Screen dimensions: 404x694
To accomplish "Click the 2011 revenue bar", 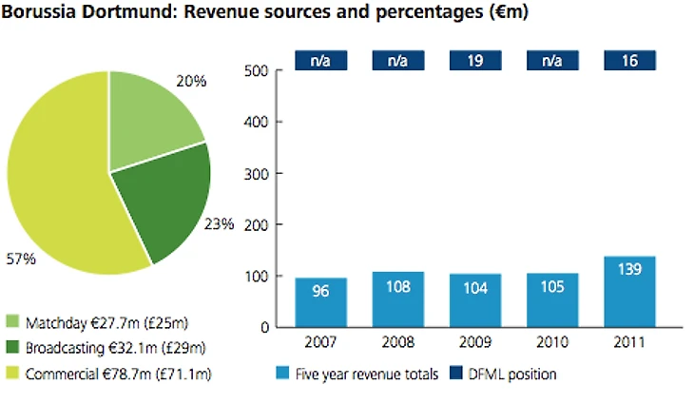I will point(629,292).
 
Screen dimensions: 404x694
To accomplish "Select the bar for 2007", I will point(320,302).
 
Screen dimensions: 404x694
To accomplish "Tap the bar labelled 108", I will point(397,299).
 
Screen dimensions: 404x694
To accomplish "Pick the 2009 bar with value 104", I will point(475,300).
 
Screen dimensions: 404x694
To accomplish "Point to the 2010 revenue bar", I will point(552,300).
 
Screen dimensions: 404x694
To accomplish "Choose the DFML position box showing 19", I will point(475,61).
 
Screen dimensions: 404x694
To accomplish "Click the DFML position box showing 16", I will point(629,61).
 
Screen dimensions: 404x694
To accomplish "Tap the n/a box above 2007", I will point(320,61).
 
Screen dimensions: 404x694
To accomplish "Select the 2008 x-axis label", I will point(397,342).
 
